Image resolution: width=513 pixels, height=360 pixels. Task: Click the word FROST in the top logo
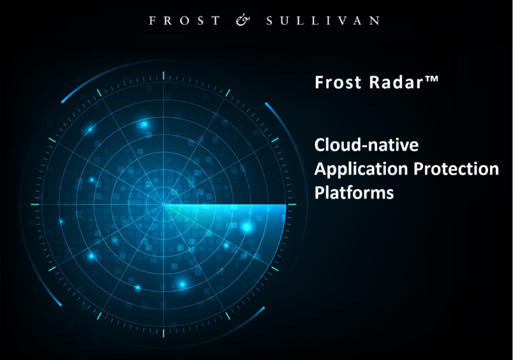tap(185, 20)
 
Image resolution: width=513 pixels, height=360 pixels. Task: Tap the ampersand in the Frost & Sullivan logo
tap(243, 20)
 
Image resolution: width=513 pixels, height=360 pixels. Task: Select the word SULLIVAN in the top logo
tap(323, 20)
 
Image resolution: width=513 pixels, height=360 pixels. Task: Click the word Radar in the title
tap(396, 82)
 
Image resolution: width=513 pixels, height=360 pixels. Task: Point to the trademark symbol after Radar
tap(432, 79)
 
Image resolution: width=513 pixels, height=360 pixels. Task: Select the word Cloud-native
tap(366, 145)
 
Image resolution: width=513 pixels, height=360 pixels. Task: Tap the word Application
tap(361, 170)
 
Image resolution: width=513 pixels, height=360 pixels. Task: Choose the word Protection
tap(456, 169)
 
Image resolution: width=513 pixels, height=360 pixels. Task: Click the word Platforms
tap(354, 192)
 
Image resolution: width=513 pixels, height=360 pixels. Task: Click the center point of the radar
tap(163, 204)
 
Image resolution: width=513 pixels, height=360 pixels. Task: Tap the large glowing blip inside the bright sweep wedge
tap(247, 227)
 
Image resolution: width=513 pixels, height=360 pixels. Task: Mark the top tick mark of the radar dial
tap(163, 75)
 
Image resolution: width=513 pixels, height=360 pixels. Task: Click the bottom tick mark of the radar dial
tap(163, 333)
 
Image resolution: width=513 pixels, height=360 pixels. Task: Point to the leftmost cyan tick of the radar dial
tap(35, 204)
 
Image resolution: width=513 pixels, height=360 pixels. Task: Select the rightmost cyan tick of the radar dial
tap(292, 204)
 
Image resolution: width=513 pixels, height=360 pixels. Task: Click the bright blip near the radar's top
tap(144, 124)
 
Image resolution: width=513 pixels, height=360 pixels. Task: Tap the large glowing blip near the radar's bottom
tap(182, 284)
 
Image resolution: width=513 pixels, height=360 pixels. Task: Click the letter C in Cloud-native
tap(320, 145)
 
